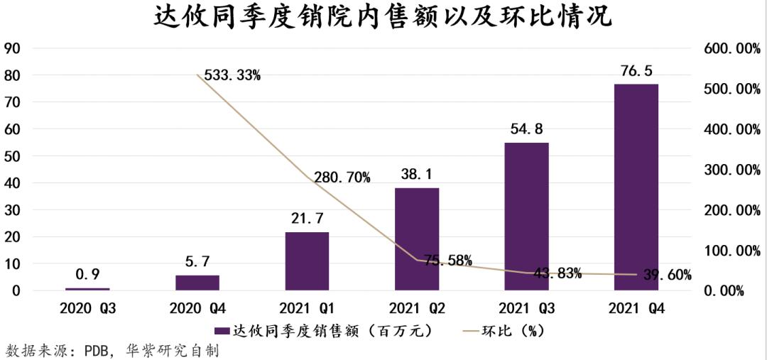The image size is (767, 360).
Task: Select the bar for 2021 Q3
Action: (526, 217)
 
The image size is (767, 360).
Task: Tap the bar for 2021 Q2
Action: (417, 239)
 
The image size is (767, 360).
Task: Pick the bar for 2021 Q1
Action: (307, 261)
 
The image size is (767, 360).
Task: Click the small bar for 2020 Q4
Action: (197, 283)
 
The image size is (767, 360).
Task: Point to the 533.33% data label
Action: (232, 75)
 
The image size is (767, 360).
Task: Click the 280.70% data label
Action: (341, 178)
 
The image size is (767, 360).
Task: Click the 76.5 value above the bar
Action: (636, 71)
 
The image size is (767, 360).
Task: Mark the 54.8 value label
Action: (526, 129)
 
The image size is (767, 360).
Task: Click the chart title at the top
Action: (383, 18)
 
